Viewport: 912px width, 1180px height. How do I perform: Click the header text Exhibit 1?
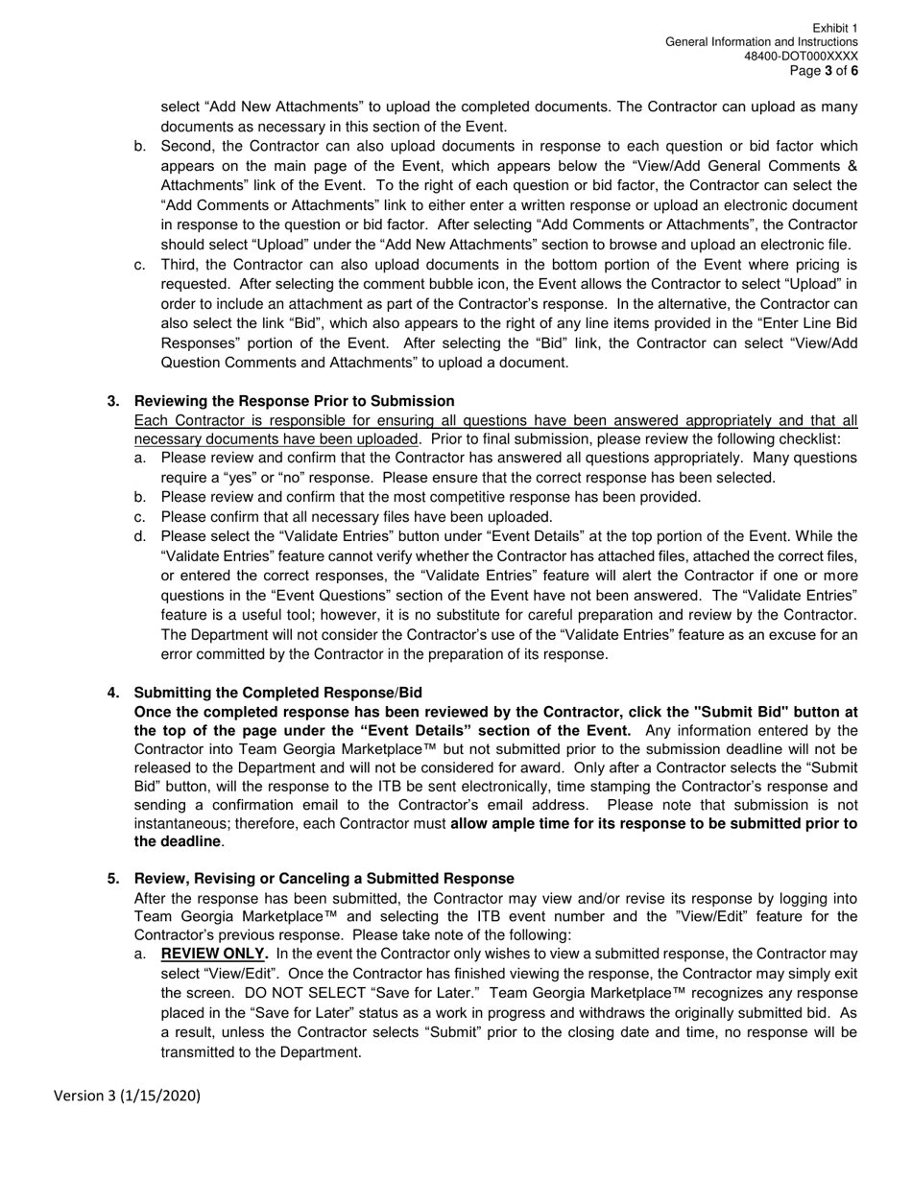pyautogui.click(x=834, y=29)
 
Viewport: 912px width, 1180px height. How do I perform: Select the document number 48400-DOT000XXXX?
pyautogui.click(x=801, y=57)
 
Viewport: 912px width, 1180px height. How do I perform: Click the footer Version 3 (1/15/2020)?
pyautogui.click(x=127, y=1095)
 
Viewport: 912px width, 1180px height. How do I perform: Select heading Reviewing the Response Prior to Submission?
pyautogui.click(x=294, y=401)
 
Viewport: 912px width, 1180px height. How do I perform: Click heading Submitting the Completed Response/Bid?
pyautogui.click(x=277, y=693)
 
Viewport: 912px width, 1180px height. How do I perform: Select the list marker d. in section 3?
pyautogui.click(x=140, y=536)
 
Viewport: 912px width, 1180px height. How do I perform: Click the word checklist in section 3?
pyautogui.click(x=809, y=439)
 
